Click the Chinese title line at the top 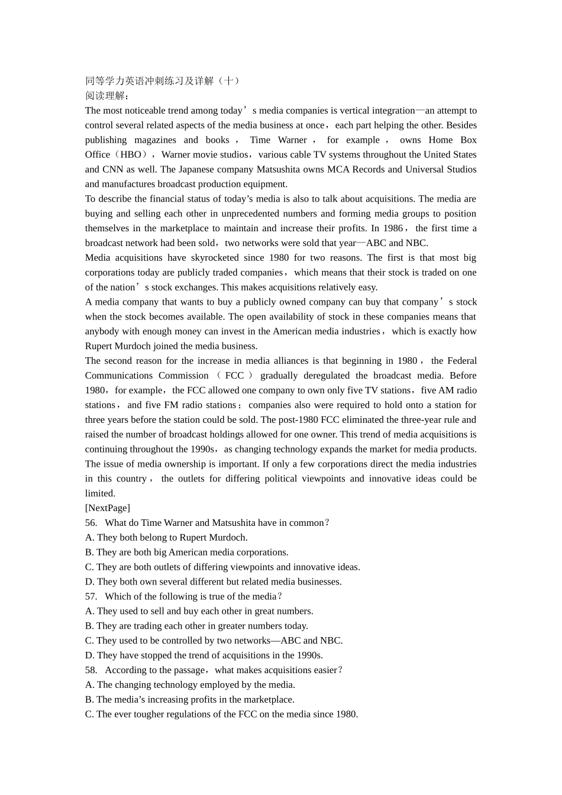pyautogui.click(x=162, y=81)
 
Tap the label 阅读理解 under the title pyautogui.click(x=106, y=96)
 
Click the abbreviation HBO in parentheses pyautogui.click(x=131, y=155)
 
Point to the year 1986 pyautogui.click(x=393, y=228)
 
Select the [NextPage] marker pyautogui.click(x=108, y=508)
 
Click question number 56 pyautogui.click(x=91, y=523)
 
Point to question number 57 pyautogui.click(x=91, y=596)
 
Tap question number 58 pyautogui.click(x=91, y=670)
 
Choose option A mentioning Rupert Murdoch pyautogui.click(x=166, y=538)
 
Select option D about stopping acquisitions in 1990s pyautogui.click(x=204, y=655)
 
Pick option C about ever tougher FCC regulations pyautogui.click(x=221, y=715)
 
